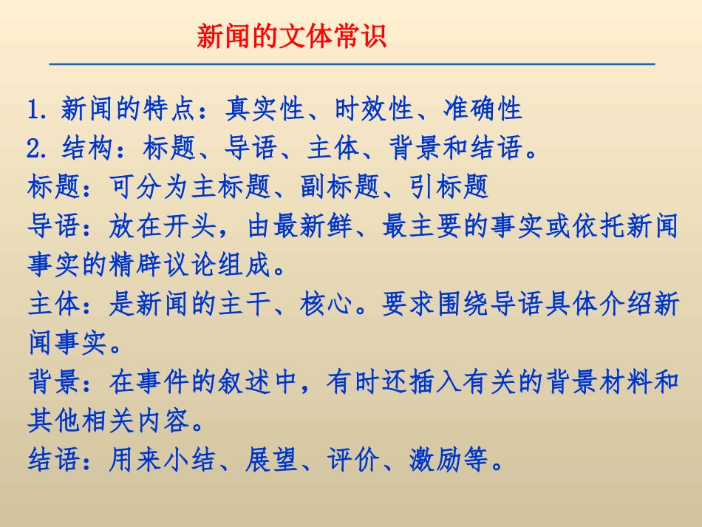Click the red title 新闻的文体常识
(291, 35)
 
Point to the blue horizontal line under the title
(352, 64)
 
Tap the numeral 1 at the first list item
(33, 110)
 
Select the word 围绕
(463, 305)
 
